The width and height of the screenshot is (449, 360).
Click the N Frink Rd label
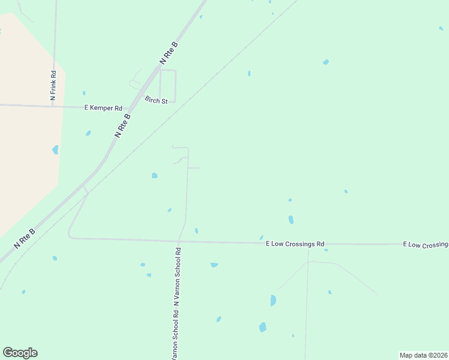53,85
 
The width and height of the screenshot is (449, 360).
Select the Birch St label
155,100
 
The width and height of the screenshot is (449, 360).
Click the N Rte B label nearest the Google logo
25,239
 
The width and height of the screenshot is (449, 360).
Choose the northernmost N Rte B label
169,53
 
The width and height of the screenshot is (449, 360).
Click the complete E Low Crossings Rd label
295,244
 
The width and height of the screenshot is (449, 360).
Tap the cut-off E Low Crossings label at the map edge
426,245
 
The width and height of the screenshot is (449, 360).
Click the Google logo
20,353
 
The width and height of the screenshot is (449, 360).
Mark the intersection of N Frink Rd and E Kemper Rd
53,106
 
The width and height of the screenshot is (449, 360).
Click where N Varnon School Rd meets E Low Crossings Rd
178,241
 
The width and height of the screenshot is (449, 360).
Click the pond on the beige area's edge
56,149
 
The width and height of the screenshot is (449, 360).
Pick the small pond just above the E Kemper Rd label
84,93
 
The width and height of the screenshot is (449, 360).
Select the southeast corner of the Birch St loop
175,101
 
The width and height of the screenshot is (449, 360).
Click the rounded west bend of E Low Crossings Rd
70,235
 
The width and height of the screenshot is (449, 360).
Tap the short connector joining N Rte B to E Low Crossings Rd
86,190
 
